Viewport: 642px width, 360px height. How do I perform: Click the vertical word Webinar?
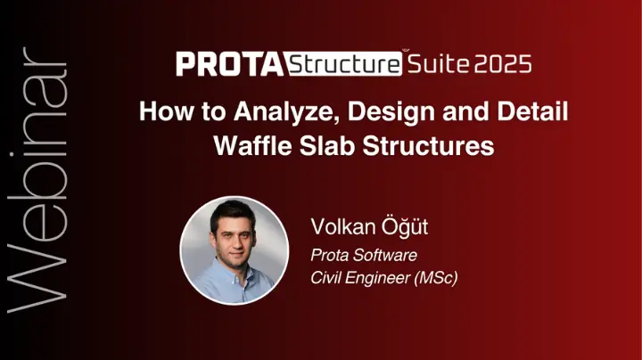[x=36, y=180]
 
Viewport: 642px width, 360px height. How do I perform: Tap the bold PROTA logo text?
[x=230, y=64]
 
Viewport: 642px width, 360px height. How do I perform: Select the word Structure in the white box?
[x=344, y=64]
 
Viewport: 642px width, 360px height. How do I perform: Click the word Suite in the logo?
[x=438, y=64]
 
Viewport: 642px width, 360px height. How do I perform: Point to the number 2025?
[x=503, y=64]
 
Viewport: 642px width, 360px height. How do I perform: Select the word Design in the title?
[x=391, y=111]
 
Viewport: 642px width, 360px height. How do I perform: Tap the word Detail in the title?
[x=532, y=110]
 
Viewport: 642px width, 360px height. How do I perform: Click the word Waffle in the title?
[x=252, y=145]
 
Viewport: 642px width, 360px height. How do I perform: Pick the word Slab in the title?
[x=326, y=145]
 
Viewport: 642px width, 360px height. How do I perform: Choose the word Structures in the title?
[x=428, y=145]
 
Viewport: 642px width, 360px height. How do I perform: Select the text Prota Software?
[x=364, y=255]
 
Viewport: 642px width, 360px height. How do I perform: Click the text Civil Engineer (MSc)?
[x=383, y=278]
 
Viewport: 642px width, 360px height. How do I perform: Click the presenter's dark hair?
[x=232, y=213]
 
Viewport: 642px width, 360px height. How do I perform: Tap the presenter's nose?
[x=235, y=244]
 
